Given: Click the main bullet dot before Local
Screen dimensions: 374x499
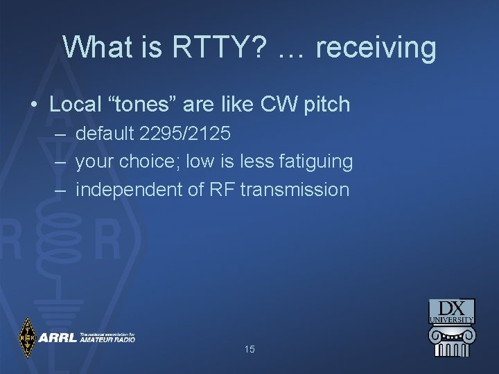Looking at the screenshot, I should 33,105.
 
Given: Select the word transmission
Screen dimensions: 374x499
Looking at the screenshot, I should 295,189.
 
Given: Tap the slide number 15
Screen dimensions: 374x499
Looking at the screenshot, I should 249,349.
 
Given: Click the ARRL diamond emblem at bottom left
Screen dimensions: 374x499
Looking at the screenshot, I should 27,337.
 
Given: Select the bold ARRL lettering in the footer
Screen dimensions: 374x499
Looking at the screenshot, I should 58,338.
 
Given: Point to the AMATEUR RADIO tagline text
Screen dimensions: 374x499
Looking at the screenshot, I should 107,340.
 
